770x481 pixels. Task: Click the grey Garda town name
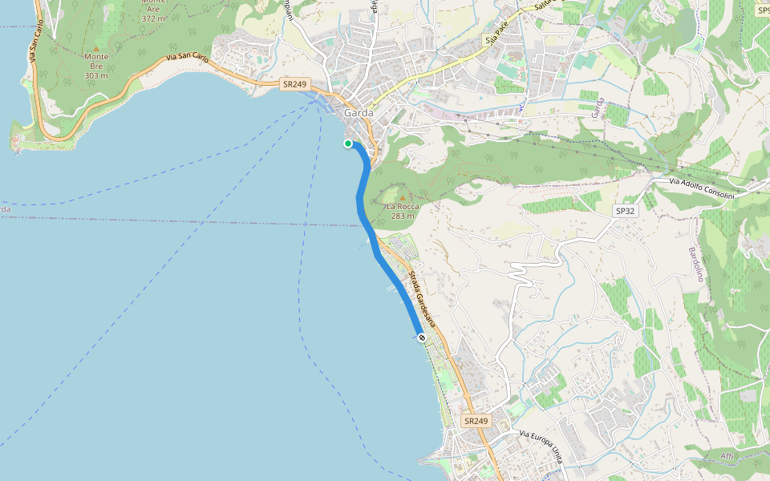[x=359, y=113]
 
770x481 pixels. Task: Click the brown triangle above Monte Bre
[x=96, y=48]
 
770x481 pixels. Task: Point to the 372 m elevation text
[x=152, y=18]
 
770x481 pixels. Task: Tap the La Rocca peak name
[x=402, y=206]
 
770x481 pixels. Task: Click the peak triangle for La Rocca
[x=402, y=197]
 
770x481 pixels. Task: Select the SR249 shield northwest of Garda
[x=295, y=83]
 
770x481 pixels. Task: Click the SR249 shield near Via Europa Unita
[x=476, y=421]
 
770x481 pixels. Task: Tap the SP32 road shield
[x=625, y=211]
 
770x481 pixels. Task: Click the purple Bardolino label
[x=695, y=264]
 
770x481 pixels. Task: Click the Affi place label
[x=727, y=455]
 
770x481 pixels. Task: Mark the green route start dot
[x=348, y=143]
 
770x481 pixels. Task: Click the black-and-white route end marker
[x=421, y=338]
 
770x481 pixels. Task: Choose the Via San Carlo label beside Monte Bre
[x=187, y=59]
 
